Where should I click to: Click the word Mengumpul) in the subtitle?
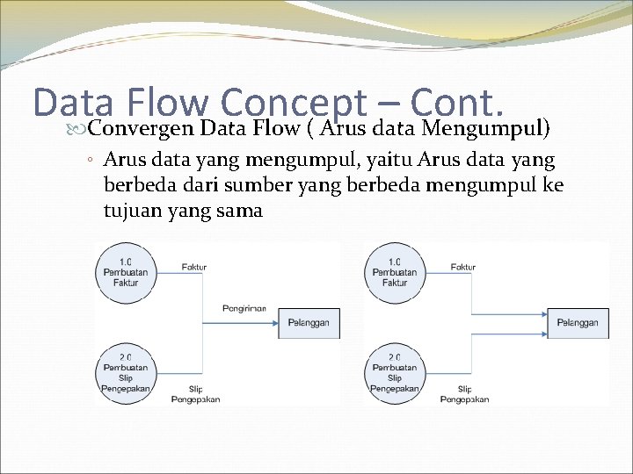coord(486,130)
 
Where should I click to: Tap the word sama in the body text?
coord(242,211)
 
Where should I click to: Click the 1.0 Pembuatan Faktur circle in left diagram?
coord(126,272)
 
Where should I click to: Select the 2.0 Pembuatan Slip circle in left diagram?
coord(126,373)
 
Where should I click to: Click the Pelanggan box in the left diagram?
coord(309,323)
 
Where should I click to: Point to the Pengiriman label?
coord(246,310)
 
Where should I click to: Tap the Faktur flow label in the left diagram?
coord(194,267)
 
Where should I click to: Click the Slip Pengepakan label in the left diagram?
coord(194,394)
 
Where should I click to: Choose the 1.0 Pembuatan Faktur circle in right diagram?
coord(395,272)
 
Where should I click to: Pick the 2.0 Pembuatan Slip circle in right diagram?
coord(395,373)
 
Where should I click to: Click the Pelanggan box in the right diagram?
coord(578,323)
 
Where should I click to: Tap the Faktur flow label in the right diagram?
coord(462,267)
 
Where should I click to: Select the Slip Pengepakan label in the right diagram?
coord(464,394)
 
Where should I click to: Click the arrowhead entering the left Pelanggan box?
coord(274,323)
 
